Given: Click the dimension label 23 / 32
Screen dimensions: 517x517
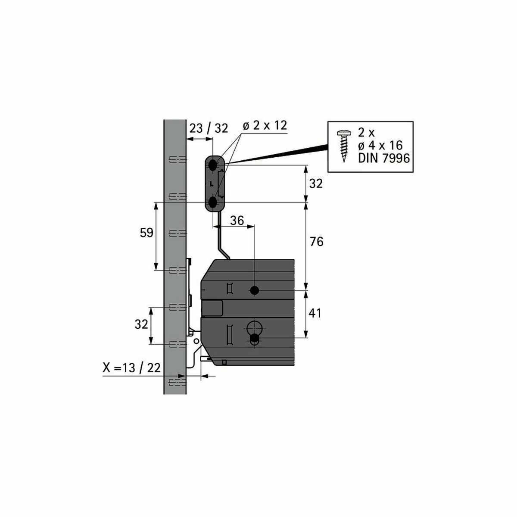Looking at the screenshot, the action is click(x=209, y=128).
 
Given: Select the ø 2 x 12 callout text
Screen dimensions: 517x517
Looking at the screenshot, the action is click(x=265, y=125).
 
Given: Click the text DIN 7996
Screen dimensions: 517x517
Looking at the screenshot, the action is click(x=384, y=158).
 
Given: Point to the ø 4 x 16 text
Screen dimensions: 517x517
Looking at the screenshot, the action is click(x=380, y=146).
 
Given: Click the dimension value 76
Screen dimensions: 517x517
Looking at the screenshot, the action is click(x=317, y=242).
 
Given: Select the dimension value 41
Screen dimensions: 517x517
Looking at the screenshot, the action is click(x=315, y=313).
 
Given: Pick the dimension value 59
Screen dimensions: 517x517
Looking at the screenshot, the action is click(x=146, y=233).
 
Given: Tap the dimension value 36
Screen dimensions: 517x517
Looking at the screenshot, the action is click(x=237, y=221).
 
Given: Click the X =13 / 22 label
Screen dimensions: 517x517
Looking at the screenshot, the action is click(x=131, y=368).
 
